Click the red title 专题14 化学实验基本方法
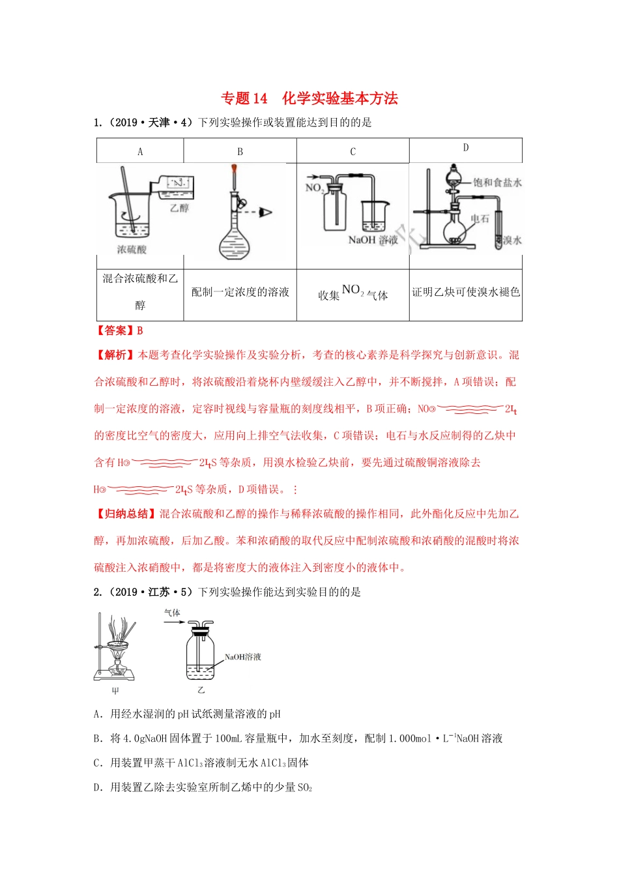pyautogui.click(x=309, y=98)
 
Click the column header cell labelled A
pyautogui.click(x=140, y=152)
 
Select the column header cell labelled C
pyautogui.click(x=353, y=152)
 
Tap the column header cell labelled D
pyautogui.click(x=465, y=148)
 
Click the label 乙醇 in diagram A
pyautogui.click(x=179, y=208)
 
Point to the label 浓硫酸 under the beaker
pyautogui.click(x=132, y=250)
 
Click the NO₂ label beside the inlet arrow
pyautogui.click(x=314, y=188)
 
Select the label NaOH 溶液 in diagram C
pyautogui.click(x=372, y=240)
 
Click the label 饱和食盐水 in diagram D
pyautogui.click(x=497, y=182)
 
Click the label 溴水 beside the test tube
pyautogui.click(x=512, y=241)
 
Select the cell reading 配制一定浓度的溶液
pyautogui.click(x=240, y=292)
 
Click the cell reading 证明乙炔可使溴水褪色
pyautogui.click(x=465, y=292)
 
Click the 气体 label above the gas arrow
pyautogui.click(x=172, y=613)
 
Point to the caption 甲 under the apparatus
pyautogui.click(x=115, y=691)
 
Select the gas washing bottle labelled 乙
pyautogui.click(x=201, y=652)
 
